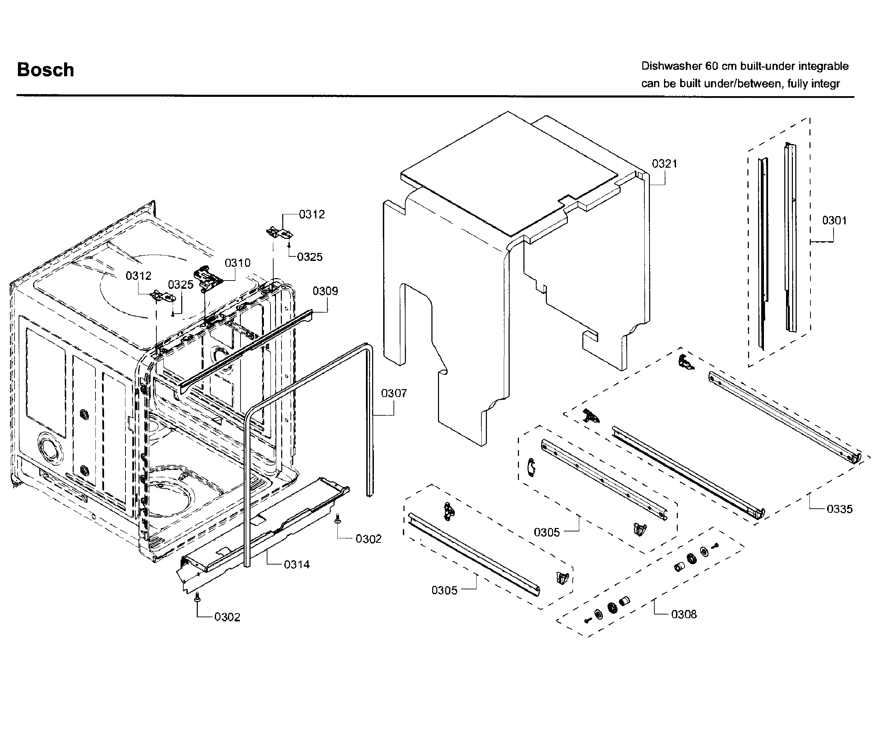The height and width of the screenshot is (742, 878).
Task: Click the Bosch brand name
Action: click(x=45, y=70)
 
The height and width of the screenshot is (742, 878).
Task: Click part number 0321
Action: click(x=664, y=164)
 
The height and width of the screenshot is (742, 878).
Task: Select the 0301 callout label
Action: click(x=834, y=221)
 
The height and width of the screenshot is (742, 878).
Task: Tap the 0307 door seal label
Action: click(x=394, y=393)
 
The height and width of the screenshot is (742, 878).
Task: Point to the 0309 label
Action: click(x=325, y=291)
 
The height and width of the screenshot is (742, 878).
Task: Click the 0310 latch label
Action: click(x=237, y=263)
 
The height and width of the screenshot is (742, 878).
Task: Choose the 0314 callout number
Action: click(x=296, y=565)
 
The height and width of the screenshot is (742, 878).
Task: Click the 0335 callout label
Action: click(x=839, y=509)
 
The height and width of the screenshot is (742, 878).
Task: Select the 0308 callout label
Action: click(x=684, y=614)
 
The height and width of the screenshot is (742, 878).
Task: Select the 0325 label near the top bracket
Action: click(x=309, y=257)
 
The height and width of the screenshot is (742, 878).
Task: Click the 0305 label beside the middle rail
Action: click(x=547, y=532)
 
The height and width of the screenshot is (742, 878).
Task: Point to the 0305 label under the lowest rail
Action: click(x=444, y=591)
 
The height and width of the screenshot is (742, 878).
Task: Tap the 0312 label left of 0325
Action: click(x=138, y=276)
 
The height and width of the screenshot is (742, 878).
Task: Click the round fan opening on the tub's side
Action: click(x=50, y=446)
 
